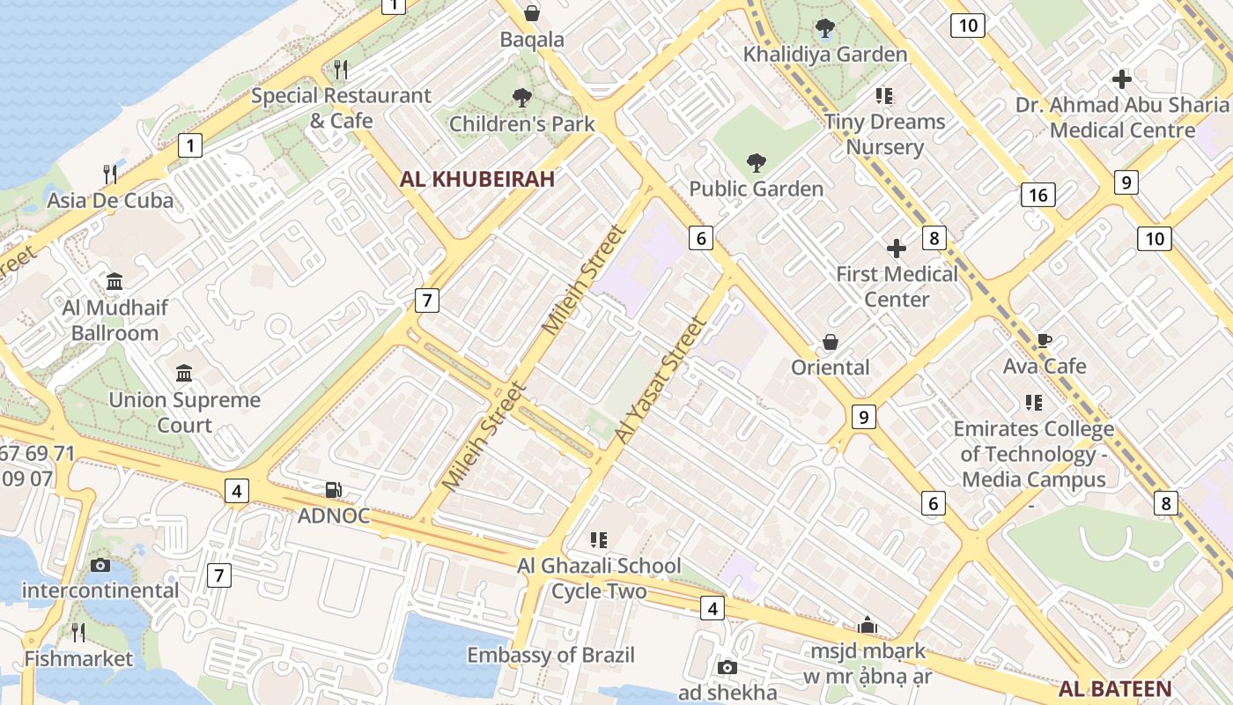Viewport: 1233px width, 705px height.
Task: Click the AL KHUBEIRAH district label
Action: [477, 180]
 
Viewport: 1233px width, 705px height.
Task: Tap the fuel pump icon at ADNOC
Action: [334, 490]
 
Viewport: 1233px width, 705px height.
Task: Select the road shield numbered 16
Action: [1038, 194]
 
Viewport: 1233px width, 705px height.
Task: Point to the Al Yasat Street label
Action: [661, 380]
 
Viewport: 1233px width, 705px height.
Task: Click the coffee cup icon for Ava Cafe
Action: [1045, 341]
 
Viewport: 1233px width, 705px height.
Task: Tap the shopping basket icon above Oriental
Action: [830, 342]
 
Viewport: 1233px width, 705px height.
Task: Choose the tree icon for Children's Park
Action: [522, 98]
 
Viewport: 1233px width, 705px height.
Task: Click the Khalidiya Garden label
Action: [824, 55]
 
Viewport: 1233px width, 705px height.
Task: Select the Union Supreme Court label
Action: [185, 412]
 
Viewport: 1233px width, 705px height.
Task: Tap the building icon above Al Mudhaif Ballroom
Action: [114, 282]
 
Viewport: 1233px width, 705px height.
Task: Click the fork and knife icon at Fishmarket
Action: [78, 632]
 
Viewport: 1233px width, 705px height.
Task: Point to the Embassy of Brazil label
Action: [550, 656]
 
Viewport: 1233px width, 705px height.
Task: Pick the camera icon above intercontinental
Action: [100, 565]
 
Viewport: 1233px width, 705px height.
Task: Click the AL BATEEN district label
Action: [1115, 689]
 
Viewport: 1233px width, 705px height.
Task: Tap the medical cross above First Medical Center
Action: [897, 249]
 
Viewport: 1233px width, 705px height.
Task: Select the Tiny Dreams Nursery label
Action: [884, 134]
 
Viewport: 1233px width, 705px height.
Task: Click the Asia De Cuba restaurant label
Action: [110, 200]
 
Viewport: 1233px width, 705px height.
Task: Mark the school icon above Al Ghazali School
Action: [599, 539]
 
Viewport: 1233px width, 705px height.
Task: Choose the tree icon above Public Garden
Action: [756, 162]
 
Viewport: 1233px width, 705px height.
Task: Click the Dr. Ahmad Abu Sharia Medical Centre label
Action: [1121, 117]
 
